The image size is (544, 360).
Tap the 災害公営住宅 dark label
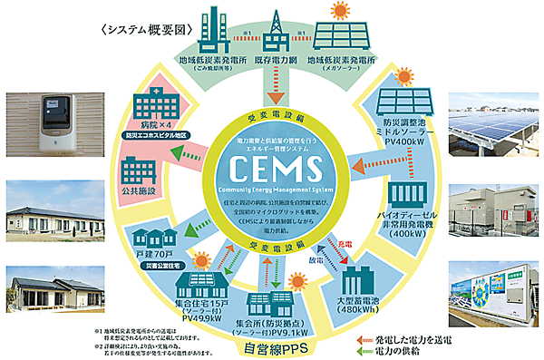coord(160,268)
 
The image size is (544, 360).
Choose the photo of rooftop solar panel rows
coord(494,128)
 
